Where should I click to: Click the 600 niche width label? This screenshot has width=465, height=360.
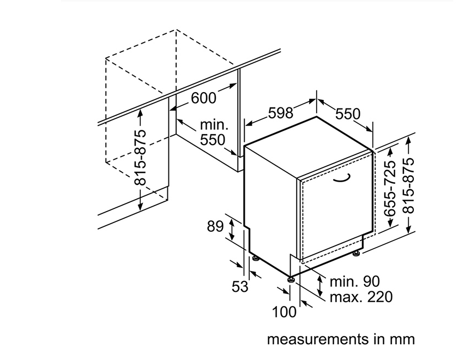tap(203, 98)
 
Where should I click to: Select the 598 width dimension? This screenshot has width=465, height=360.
tap(281, 112)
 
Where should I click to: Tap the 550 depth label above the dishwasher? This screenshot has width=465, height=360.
tap(348, 113)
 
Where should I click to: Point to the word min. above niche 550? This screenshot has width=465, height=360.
tap(214, 125)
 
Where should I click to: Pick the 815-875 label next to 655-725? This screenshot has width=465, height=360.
tap(408, 185)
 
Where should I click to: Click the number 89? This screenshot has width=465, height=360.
tap(215, 226)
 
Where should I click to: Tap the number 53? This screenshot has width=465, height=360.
tap(240, 287)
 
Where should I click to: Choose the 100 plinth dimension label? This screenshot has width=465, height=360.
tap(284, 312)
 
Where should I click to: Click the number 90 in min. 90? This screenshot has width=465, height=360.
tap(371, 281)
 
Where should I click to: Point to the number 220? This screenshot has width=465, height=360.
tap(380, 297)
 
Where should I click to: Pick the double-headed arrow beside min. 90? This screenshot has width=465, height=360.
tap(320, 286)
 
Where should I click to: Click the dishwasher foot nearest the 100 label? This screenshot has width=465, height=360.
tap(291, 279)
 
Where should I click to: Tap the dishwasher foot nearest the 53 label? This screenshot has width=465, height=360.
tap(255, 258)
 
